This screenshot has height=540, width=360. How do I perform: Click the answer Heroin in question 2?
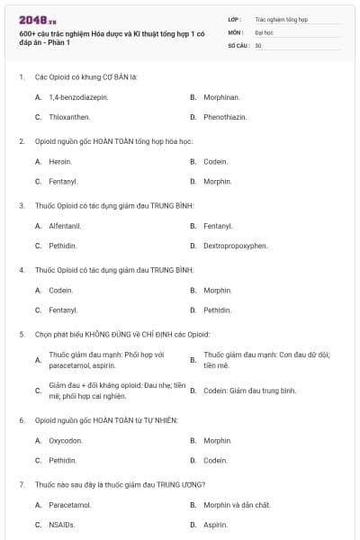coord(60,161)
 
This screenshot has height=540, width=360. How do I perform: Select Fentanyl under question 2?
coord(63,181)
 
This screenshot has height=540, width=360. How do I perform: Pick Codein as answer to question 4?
coord(60,290)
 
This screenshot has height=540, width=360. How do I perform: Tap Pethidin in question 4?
coord(217,310)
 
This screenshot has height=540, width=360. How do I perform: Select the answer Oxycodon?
coord(66,440)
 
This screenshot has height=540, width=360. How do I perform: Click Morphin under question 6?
coord(217,440)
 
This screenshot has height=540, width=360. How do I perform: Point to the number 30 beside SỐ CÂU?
coord(258,45)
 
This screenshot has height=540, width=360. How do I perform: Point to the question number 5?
coord(21,334)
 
